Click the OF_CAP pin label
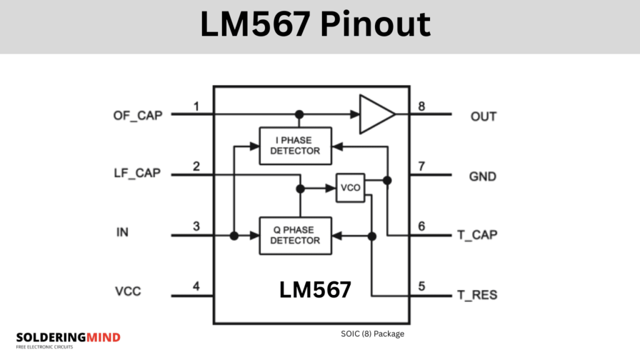pyautogui.click(x=137, y=115)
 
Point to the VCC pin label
pyautogui.click(x=127, y=291)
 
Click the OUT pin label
pyautogui.click(x=483, y=117)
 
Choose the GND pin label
pyautogui.click(x=482, y=176)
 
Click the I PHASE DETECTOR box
pyautogui.click(x=295, y=145)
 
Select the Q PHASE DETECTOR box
pyautogui.click(x=295, y=236)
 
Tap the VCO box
pyautogui.click(x=351, y=187)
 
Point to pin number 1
pyautogui.click(x=196, y=107)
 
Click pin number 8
pyautogui.click(x=421, y=107)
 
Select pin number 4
pyautogui.click(x=196, y=286)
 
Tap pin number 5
pyautogui.click(x=421, y=286)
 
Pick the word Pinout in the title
pyautogui.click(x=376, y=25)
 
